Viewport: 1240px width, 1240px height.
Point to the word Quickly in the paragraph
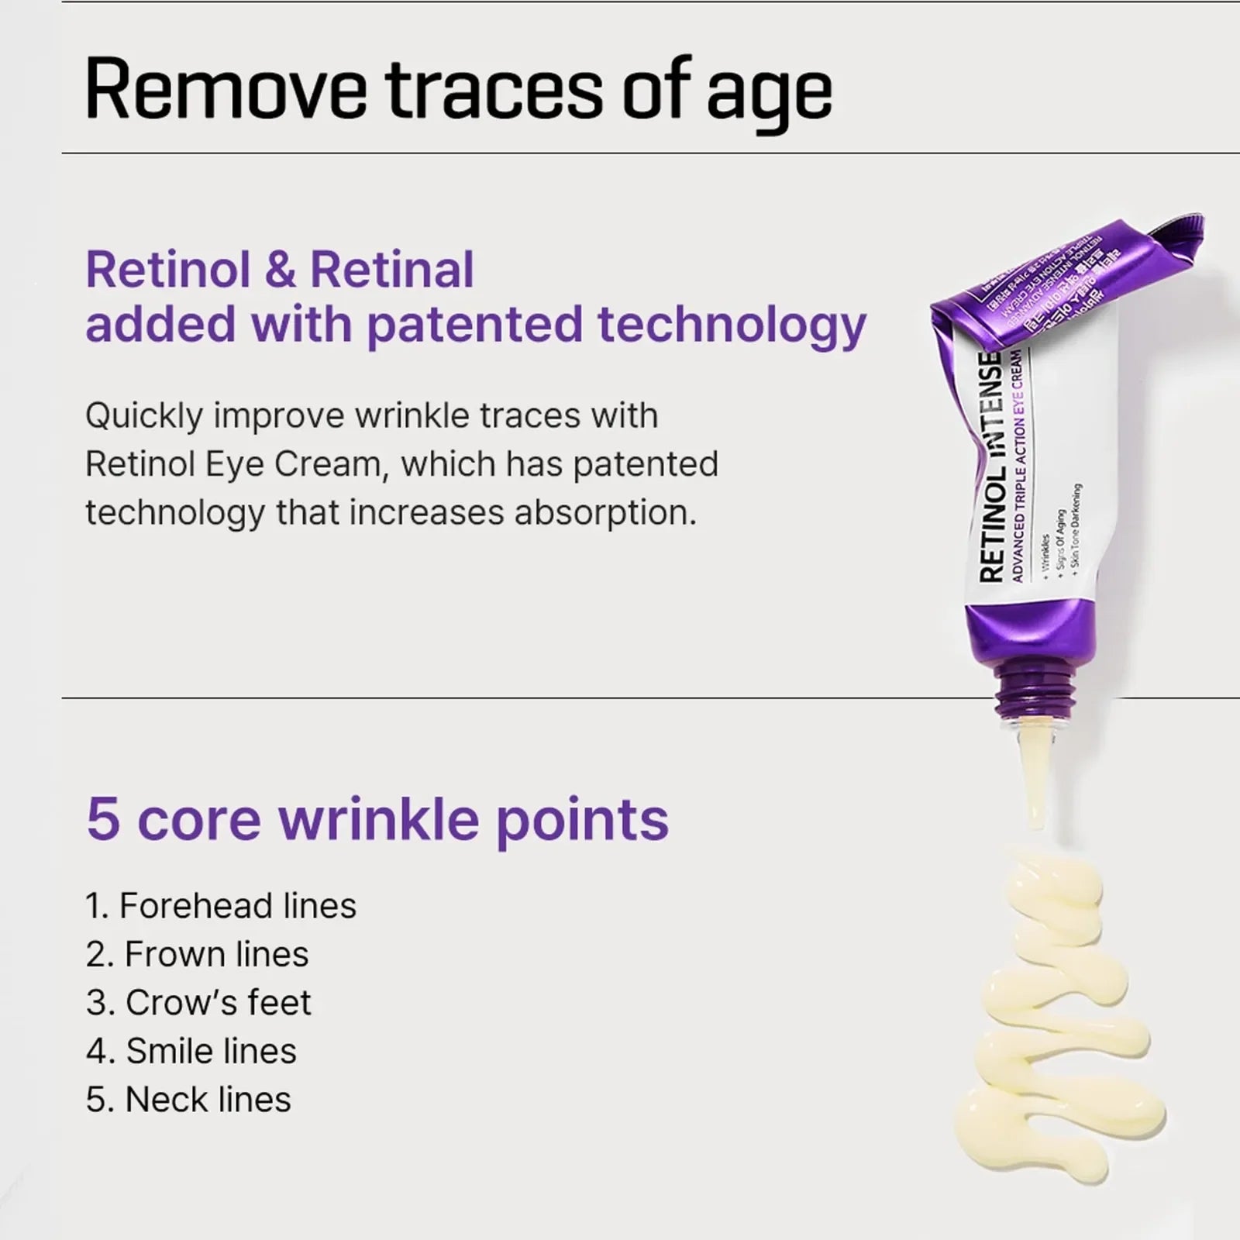coord(144,417)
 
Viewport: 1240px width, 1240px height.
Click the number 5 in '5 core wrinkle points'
coord(103,819)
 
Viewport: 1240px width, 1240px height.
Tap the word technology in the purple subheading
coord(732,325)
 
